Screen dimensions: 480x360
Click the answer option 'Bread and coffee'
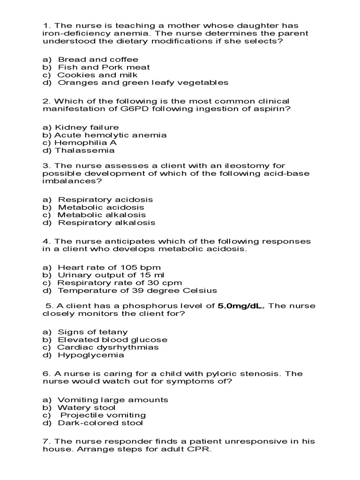point(97,60)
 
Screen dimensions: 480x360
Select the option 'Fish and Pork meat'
point(104,67)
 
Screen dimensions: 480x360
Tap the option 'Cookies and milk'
point(97,75)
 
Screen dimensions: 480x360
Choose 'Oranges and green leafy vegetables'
point(143,82)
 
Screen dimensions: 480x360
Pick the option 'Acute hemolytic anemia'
point(110,135)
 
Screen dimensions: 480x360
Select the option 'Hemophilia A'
point(86,142)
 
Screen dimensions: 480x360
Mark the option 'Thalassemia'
point(84,150)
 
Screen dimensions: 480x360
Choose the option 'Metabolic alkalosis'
point(102,215)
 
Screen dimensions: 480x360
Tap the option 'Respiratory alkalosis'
point(106,223)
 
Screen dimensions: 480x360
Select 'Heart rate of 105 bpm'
point(109,268)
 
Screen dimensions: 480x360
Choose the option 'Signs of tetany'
point(92,332)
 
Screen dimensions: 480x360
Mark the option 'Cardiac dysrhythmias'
point(108,347)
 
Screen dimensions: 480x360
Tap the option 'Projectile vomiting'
point(103,415)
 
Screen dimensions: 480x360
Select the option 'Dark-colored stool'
point(100,423)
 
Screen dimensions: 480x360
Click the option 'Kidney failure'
point(87,127)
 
